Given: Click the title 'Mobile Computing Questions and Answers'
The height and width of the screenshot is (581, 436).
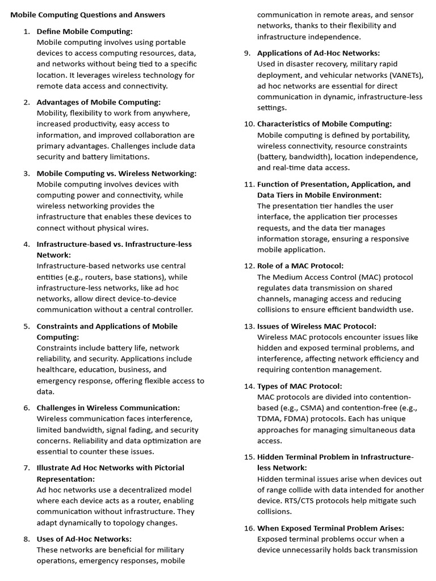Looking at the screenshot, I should pyautogui.click(x=88, y=15).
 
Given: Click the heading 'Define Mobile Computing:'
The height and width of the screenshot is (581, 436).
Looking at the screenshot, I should pyautogui.click(x=85, y=31).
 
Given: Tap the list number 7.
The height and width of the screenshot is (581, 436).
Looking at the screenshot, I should pyautogui.click(x=27, y=468).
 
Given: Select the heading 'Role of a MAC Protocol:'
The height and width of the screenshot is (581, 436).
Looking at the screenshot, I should pyautogui.click(x=300, y=266).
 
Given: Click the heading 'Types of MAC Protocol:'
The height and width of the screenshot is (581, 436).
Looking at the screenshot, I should pyautogui.click(x=299, y=386).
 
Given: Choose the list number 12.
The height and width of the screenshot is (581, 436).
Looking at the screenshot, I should pyautogui.click(x=249, y=266).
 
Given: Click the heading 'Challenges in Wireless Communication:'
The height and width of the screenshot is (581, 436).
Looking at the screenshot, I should pyautogui.click(x=108, y=408).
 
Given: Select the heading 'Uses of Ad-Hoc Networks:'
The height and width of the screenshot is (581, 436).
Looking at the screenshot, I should pyautogui.click(x=84, y=539).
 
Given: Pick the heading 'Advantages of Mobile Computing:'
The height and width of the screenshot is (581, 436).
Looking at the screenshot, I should pyautogui.click(x=99, y=102).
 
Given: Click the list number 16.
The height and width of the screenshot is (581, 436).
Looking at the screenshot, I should pyautogui.click(x=249, y=528).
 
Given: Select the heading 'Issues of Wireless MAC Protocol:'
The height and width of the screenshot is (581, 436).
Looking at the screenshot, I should pyautogui.click(x=317, y=326).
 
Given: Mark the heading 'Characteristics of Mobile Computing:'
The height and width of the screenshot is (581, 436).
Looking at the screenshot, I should pyautogui.click(x=324, y=124).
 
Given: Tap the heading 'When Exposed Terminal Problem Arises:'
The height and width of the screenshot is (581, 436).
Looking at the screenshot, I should pyautogui.click(x=330, y=528).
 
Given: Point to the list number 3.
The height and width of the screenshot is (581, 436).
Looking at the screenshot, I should pyautogui.click(x=27, y=174).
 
